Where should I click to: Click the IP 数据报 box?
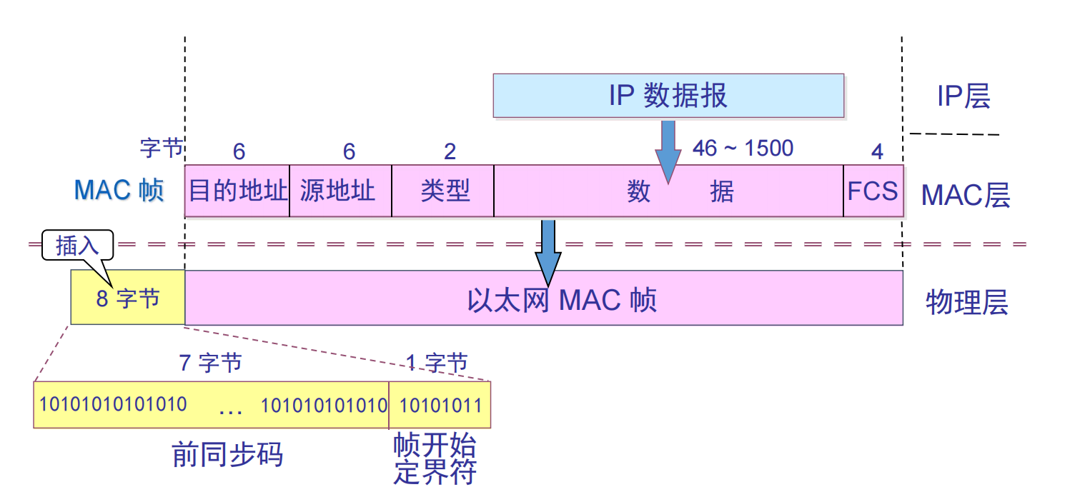click(x=668, y=95)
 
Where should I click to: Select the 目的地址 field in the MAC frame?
click(x=237, y=191)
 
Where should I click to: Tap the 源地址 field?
click(x=340, y=191)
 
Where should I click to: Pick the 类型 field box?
click(x=443, y=191)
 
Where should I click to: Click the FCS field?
click(x=873, y=191)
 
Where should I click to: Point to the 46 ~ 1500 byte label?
click(x=743, y=149)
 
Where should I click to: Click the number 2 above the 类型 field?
click(x=450, y=151)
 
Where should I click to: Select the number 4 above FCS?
click(x=877, y=151)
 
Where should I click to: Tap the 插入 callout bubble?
click(x=77, y=245)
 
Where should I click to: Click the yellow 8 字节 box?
click(x=127, y=298)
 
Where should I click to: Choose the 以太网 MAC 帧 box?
click(x=543, y=298)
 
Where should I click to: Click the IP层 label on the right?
click(x=963, y=96)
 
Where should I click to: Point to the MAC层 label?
click(x=965, y=194)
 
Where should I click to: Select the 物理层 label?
click(x=966, y=303)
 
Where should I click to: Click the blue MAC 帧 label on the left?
click(x=119, y=191)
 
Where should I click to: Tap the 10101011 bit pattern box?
click(x=440, y=405)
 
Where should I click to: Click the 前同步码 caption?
click(x=227, y=455)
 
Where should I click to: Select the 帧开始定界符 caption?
click(x=435, y=458)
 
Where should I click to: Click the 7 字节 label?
click(x=210, y=363)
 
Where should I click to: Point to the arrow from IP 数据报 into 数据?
click(x=668, y=150)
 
